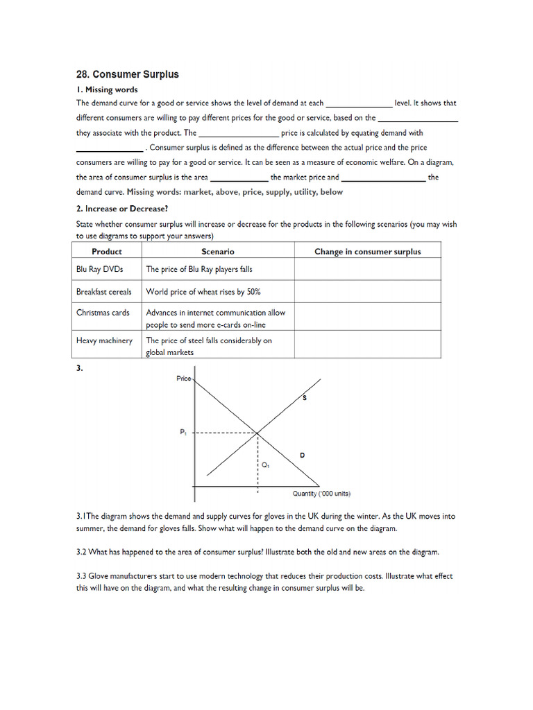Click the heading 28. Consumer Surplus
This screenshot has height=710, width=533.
127,74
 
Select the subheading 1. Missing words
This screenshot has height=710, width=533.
107,89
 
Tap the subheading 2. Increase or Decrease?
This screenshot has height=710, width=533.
122,208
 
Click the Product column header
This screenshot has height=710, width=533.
106,252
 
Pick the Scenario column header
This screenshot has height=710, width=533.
218,252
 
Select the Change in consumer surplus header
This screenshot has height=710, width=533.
367,252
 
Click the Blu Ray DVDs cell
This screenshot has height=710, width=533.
99,269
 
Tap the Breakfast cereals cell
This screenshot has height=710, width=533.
103,292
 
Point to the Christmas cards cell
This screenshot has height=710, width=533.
103,313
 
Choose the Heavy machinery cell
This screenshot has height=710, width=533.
104,340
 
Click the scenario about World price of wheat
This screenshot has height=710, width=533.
203,292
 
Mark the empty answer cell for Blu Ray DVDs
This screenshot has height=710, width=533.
368,269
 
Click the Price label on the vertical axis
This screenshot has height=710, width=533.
183,379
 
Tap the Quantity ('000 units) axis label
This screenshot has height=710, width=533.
320,494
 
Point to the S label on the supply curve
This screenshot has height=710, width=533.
305,398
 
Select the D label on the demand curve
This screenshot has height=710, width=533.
302,455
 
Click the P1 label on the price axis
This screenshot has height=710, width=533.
183,432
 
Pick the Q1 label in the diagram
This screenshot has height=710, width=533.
266,465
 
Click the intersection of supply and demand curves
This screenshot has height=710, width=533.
258,433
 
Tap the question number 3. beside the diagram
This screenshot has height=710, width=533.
80,369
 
